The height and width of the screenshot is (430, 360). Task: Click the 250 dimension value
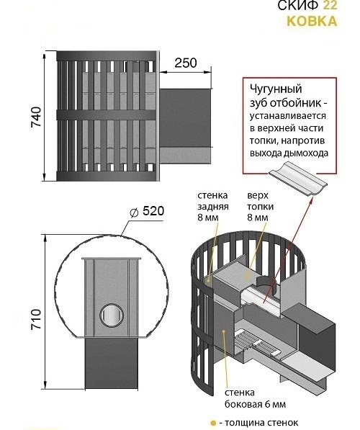tap(186, 63)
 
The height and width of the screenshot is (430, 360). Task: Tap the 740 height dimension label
tap(36, 117)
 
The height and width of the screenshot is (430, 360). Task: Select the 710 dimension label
tap(36, 320)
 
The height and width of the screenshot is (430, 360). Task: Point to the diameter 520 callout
tap(147, 212)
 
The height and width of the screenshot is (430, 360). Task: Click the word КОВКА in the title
tap(312, 21)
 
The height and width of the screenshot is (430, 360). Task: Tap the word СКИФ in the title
tap(299, 5)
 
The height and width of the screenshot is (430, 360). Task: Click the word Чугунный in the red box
tap(276, 90)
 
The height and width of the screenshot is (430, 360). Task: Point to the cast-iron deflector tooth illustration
tap(298, 179)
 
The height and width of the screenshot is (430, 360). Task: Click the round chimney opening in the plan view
tap(112, 315)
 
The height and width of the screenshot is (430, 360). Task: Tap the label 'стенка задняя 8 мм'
tap(213, 206)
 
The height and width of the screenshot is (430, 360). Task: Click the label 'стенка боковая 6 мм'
tap(256, 398)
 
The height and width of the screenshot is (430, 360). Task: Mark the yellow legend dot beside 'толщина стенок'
tap(212, 423)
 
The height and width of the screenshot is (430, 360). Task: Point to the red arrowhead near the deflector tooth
tap(312, 201)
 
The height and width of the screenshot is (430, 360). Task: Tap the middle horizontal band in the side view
tap(107, 115)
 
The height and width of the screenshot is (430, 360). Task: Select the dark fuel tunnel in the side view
tap(185, 118)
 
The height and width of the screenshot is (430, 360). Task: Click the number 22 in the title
tap(330, 5)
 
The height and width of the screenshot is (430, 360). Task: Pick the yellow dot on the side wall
tap(224, 331)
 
